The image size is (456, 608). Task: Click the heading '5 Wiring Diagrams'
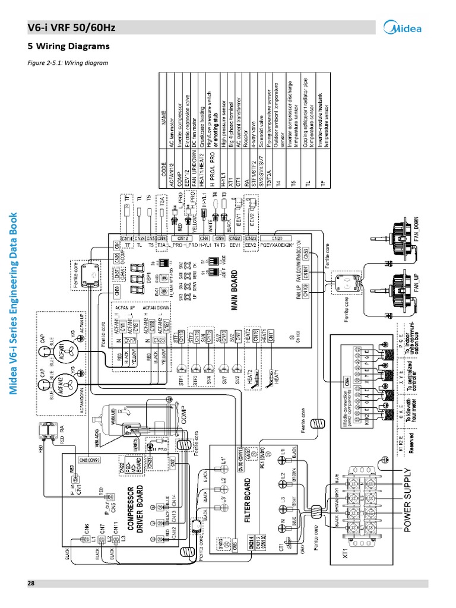pos(69,46)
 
